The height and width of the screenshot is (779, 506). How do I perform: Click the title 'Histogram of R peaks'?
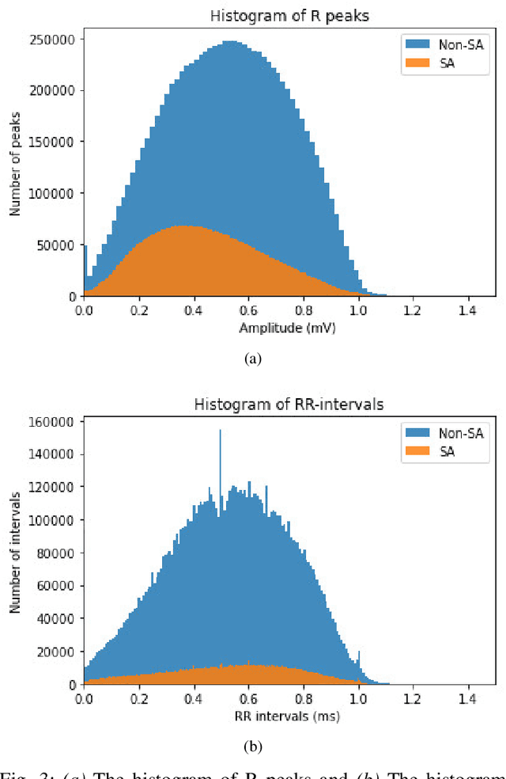(x=289, y=15)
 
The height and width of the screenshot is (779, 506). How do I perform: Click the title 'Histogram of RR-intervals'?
(x=289, y=405)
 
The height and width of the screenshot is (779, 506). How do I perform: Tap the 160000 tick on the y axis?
(x=52, y=422)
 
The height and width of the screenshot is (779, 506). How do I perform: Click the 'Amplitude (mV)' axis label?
(x=289, y=329)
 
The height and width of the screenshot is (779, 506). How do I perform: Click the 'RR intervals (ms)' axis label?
(x=289, y=717)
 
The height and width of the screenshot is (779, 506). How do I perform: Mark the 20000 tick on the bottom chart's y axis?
(x=55, y=652)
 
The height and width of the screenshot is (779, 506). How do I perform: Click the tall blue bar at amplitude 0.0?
(x=85, y=269)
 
